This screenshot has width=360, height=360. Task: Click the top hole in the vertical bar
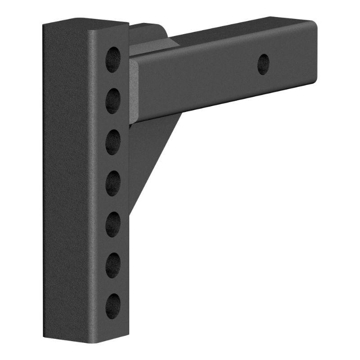pos(113,59)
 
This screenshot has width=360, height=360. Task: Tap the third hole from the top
pos(113,142)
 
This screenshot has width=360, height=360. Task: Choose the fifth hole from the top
pos(113,224)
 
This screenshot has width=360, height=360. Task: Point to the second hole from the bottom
pos(113,265)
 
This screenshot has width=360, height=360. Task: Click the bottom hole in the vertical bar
pos(113,306)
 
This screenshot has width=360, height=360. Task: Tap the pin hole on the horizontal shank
pos(264,64)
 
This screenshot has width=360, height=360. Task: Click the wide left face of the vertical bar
pos(67,180)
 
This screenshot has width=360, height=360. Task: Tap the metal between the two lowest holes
pos(113,286)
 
